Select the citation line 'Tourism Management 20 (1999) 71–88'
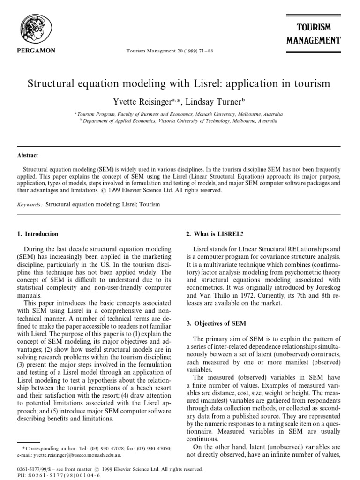(170, 51)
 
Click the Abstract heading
(28, 155)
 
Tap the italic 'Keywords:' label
(30, 204)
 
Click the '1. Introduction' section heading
(37, 234)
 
